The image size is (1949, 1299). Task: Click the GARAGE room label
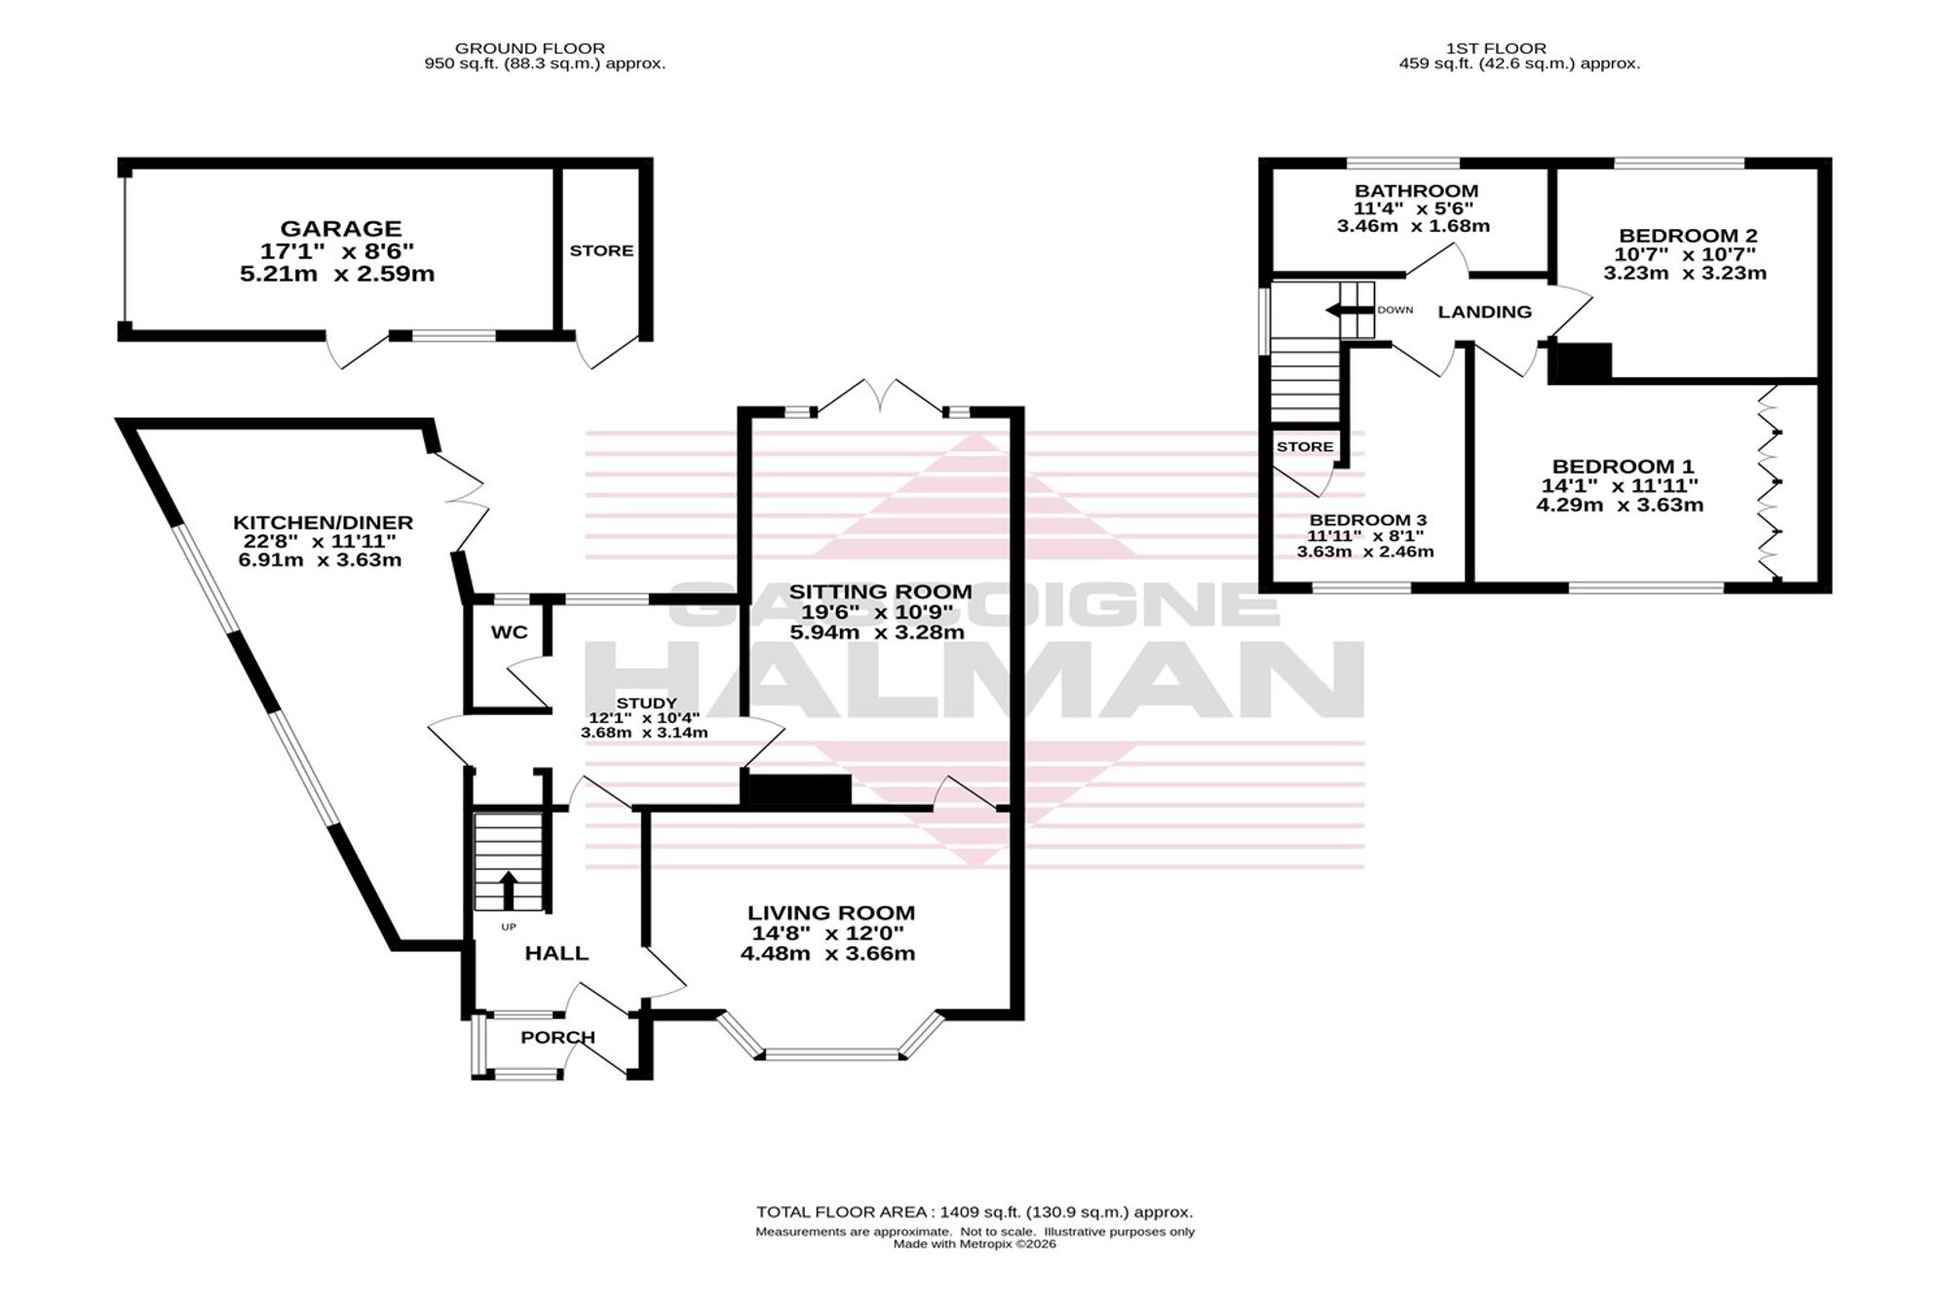[x=341, y=229]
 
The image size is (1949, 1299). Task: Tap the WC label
[x=510, y=632]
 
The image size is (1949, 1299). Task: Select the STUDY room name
[x=646, y=703]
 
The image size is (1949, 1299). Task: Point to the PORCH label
[x=557, y=1037]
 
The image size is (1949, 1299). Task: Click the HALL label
[x=556, y=953]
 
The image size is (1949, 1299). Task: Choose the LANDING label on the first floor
[x=1485, y=312]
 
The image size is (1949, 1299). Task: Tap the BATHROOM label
[x=1416, y=191]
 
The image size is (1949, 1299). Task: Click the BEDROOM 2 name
[x=1688, y=236]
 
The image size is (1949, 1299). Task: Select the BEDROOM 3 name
[x=1368, y=520]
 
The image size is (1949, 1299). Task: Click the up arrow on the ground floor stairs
[x=508, y=890]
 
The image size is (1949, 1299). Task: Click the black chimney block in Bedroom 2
[x=1580, y=362]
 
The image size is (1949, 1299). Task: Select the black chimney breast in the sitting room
[x=796, y=789]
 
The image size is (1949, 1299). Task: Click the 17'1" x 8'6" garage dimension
[x=337, y=251]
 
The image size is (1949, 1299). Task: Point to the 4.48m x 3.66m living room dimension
[x=827, y=953]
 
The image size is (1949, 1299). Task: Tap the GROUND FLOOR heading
[x=530, y=48]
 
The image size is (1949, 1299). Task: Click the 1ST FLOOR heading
[x=1497, y=48]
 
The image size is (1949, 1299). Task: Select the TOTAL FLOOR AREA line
[x=974, y=1212]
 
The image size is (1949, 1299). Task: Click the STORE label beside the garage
[x=601, y=250]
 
